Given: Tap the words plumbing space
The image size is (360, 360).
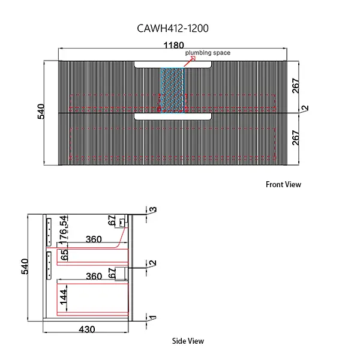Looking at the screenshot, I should click(x=208, y=53).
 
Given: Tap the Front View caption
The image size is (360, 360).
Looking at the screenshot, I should click(x=283, y=185).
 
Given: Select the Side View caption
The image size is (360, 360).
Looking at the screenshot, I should click(x=188, y=341).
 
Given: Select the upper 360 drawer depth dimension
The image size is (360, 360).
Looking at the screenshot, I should click(x=93, y=239).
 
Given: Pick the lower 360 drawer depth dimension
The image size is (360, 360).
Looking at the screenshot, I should click(x=93, y=277).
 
